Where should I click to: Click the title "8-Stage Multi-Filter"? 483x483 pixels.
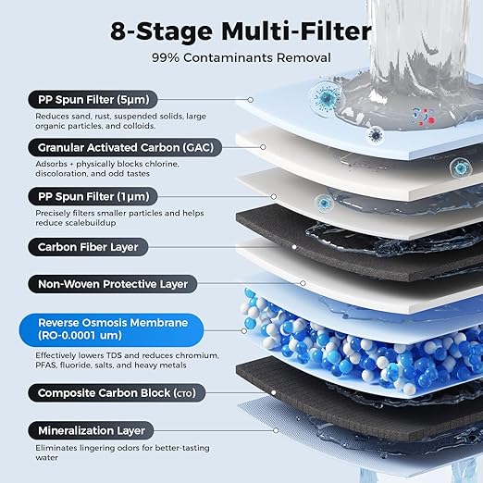click(x=241, y=31)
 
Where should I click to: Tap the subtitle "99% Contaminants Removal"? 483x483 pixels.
click(x=241, y=57)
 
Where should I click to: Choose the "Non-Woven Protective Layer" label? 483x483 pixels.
click(x=112, y=284)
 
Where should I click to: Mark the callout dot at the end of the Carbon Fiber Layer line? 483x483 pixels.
click(x=293, y=247)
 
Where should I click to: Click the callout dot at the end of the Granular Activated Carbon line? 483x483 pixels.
click(x=264, y=146)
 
